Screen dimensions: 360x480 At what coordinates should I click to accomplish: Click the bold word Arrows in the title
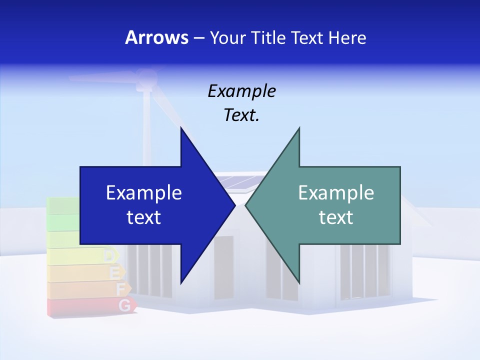(157, 37)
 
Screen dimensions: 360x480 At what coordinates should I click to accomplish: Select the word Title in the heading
(267, 37)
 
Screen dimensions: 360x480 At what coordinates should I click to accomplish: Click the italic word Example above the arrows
(241, 91)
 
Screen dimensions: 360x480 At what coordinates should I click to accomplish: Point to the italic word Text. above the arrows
(241, 115)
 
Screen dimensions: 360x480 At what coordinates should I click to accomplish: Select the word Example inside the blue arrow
(144, 193)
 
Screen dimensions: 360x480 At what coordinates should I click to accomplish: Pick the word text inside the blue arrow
(144, 217)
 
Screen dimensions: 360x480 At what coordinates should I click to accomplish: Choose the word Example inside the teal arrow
(336, 193)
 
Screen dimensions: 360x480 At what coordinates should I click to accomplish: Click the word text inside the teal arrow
(336, 217)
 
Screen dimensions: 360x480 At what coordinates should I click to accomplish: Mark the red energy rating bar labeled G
(90, 306)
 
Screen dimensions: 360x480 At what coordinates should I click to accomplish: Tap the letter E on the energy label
(114, 273)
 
